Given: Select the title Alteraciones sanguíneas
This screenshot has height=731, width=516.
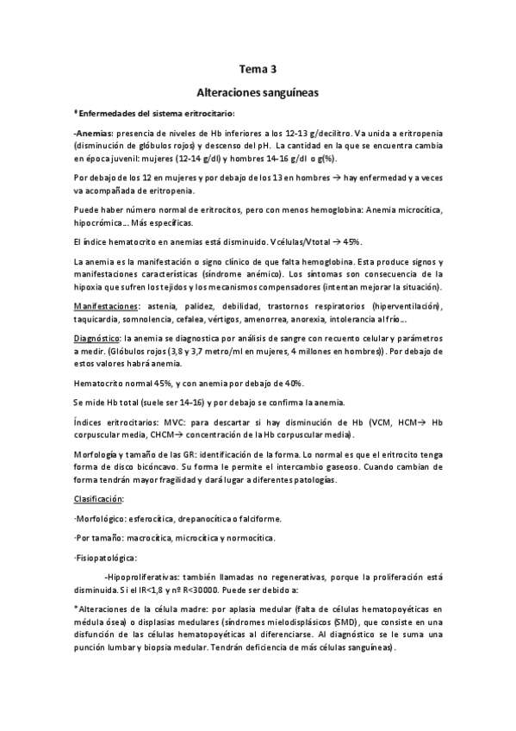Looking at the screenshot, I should (258, 90).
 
